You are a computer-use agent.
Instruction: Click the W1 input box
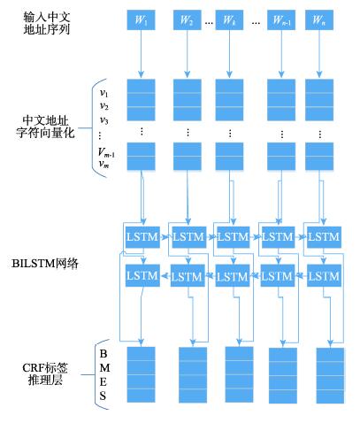pos(141,20)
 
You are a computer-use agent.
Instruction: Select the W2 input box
pos(188,20)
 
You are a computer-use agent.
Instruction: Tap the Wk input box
pos(229,20)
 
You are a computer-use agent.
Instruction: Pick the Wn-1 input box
pos(281,20)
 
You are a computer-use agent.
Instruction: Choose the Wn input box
pos(319,20)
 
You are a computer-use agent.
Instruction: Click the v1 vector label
pos(103,93)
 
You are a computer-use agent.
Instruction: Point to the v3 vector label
pos(103,120)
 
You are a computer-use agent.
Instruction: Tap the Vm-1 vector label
pos(106,152)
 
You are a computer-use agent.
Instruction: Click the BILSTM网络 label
pos(45,264)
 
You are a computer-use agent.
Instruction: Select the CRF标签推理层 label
pos(45,374)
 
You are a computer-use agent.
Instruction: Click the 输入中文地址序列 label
pos(47,23)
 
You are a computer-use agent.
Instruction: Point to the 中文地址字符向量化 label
pos(45,127)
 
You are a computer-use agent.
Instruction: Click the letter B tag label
pos(103,353)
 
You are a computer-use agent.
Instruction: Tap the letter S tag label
pos(103,396)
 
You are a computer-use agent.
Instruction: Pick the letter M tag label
pos(104,368)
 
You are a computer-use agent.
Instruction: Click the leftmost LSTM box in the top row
pos(142,237)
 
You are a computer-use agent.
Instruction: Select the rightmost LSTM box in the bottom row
pos(324,275)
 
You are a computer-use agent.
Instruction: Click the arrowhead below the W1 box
pos(141,74)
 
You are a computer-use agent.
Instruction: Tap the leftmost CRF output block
pos(141,374)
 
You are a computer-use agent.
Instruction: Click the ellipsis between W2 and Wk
pos(209,23)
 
